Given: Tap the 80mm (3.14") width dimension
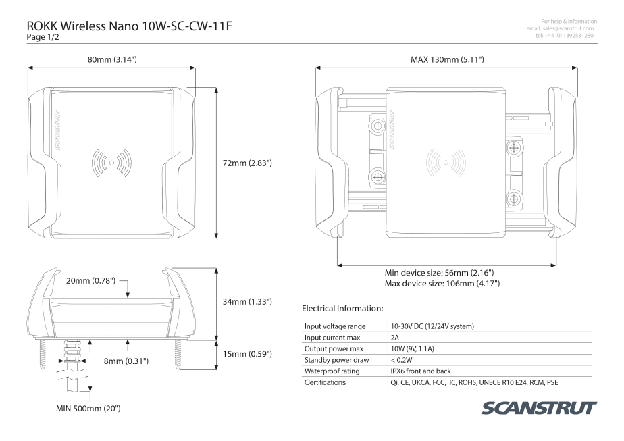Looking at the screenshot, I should [112, 60].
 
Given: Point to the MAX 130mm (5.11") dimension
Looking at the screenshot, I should [447, 60].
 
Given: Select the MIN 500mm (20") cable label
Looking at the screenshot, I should [88, 409].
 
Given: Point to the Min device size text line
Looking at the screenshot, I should [438, 273].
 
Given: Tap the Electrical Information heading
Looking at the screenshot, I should [342, 309].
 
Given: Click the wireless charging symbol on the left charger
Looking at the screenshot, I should [110, 162].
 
